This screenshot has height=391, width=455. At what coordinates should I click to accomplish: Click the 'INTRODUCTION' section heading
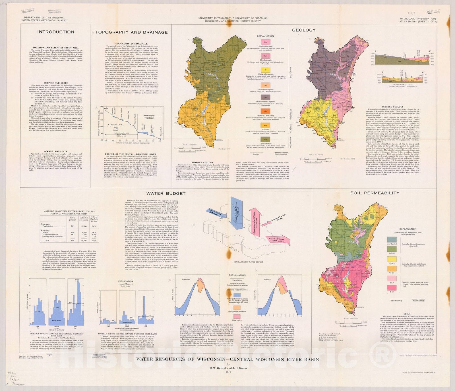[x=56, y=32]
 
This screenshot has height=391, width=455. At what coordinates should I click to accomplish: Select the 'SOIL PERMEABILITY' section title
[x=375, y=193]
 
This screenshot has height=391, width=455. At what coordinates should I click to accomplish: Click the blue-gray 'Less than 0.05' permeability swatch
[x=392, y=239]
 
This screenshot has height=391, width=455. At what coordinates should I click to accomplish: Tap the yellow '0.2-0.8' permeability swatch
[x=392, y=259]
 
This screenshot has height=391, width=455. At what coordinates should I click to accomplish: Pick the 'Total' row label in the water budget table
[x=46, y=241]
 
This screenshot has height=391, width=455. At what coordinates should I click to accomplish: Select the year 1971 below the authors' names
[x=227, y=372]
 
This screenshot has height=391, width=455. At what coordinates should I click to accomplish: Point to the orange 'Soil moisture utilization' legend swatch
[x=237, y=308]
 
